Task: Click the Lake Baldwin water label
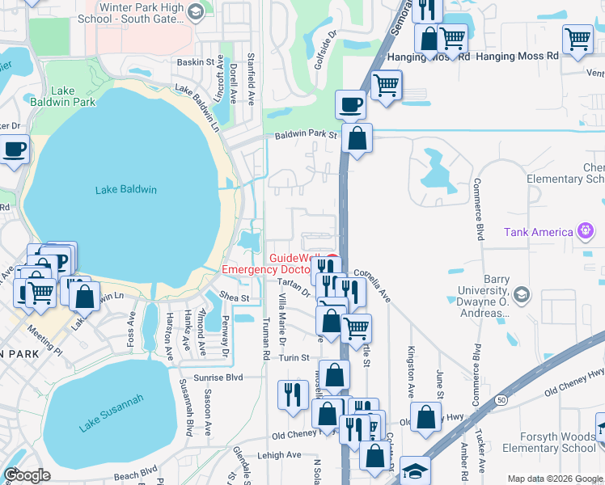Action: [125, 190]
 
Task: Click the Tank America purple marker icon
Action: [585, 232]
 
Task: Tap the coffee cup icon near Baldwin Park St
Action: [350, 104]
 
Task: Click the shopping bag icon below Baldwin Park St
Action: [357, 138]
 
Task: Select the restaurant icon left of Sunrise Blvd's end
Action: [292, 394]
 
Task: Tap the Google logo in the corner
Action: [27, 475]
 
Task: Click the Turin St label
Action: [294, 357]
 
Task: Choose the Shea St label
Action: [234, 298]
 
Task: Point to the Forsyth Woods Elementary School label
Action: [548, 442]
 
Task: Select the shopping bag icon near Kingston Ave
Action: [425, 418]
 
